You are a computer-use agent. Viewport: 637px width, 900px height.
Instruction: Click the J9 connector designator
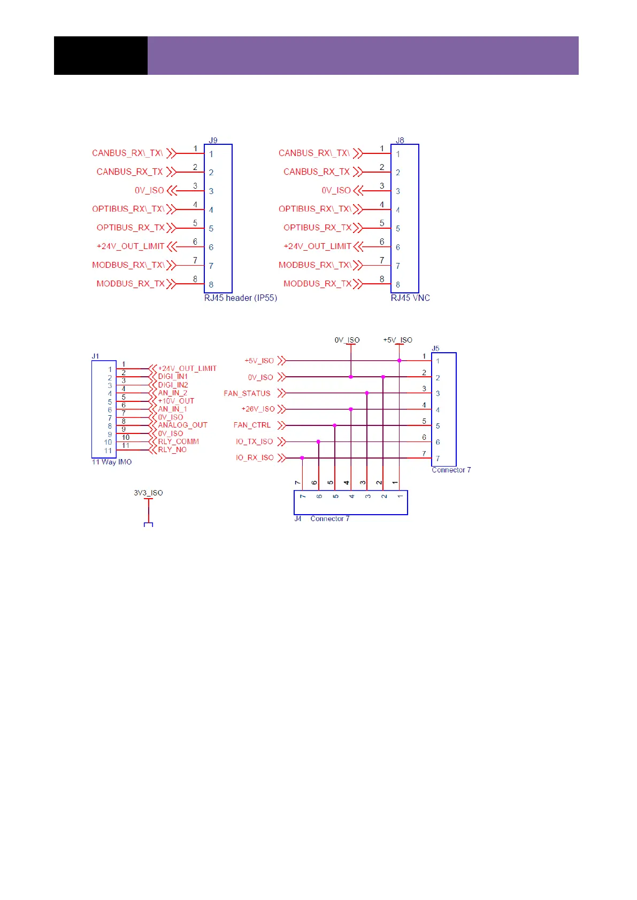(213, 141)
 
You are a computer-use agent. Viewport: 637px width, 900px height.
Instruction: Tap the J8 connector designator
(400, 141)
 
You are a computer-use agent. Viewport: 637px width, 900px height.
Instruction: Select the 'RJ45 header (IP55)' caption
(241, 298)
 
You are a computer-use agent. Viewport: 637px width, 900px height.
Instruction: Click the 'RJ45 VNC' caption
(410, 298)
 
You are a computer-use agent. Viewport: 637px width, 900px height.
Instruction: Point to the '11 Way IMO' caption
(112, 462)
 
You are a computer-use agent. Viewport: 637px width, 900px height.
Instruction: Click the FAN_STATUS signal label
(247, 393)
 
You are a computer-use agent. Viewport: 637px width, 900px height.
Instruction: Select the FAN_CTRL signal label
(252, 425)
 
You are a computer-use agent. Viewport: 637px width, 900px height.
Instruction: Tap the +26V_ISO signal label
(258, 409)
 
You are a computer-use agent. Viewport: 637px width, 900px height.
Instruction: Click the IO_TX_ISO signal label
(255, 442)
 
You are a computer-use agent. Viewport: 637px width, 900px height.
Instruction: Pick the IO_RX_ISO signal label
(255, 458)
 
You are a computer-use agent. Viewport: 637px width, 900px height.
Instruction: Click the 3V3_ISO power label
(148, 493)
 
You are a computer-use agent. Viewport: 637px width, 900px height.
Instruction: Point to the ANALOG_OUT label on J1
(182, 425)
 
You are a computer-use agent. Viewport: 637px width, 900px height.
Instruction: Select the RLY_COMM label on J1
(178, 442)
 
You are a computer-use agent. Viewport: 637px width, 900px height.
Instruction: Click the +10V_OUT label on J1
(176, 401)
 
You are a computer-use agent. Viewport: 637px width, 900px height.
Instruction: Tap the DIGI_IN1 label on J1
(173, 377)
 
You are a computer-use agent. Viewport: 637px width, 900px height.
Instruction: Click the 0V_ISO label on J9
(149, 190)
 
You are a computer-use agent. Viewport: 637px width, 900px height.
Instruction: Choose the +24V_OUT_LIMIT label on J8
(317, 246)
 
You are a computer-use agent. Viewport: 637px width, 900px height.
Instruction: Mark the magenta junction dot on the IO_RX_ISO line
(302, 458)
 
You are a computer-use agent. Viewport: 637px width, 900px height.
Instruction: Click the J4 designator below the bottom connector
(298, 519)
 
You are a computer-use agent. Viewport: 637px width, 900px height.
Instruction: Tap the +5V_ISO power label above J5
(398, 340)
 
